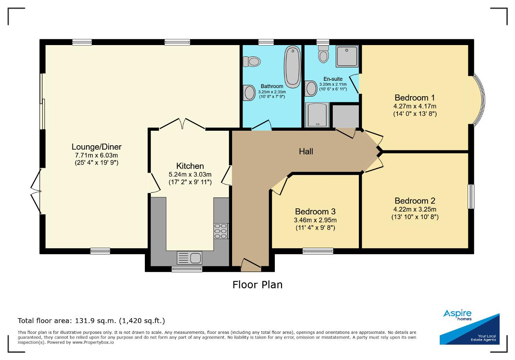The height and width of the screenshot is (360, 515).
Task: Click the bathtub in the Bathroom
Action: click(x=293, y=67)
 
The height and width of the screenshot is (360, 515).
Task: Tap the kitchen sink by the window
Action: click(x=190, y=258)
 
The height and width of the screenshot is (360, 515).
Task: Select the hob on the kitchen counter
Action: click(x=221, y=231)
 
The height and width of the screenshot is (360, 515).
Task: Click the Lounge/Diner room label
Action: click(x=97, y=147)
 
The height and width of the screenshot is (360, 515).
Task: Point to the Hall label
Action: click(x=306, y=151)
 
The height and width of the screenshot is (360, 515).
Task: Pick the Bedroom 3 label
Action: click(x=315, y=211)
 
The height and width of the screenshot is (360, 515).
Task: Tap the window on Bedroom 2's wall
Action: click(x=471, y=197)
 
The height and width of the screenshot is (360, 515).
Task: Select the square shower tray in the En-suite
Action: click(x=347, y=56)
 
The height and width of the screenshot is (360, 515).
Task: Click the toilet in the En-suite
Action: click(x=323, y=54)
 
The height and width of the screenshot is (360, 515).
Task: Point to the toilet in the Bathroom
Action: click(x=252, y=62)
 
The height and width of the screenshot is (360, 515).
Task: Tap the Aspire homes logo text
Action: click(x=457, y=315)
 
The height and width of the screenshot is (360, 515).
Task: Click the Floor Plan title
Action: click(x=257, y=285)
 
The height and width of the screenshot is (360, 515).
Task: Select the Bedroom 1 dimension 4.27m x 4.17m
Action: click(x=415, y=106)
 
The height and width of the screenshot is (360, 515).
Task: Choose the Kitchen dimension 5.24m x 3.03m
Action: click(x=190, y=175)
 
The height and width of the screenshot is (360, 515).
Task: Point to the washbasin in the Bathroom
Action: click(x=249, y=93)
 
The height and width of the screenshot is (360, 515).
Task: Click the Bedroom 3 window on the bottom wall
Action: click(x=318, y=251)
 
